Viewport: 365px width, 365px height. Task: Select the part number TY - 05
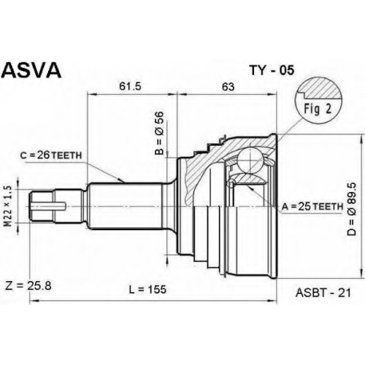click(x=272, y=70)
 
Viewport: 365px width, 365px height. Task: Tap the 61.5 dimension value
click(x=130, y=86)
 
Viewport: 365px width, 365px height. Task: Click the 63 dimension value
click(x=228, y=87)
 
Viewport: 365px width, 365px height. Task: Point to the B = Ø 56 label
click(x=159, y=133)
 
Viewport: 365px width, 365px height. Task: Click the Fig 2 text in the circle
click(x=318, y=109)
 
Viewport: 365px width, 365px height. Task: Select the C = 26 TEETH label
click(x=51, y=155)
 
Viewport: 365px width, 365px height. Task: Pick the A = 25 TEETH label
click(x=312, y=207)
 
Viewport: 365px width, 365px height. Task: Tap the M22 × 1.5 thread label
click(x=9, y=206)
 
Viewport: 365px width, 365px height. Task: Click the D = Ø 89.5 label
click(x=352, y=209)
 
